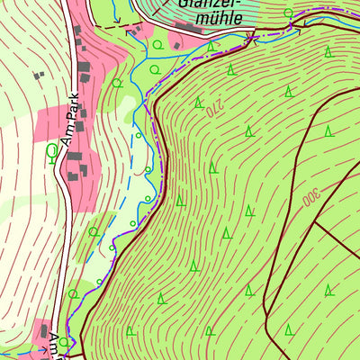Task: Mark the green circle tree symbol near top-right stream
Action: pyautogui.click(x=288, y=13)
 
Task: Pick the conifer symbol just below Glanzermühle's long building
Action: pyautogui.click(x=211, y=45)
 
